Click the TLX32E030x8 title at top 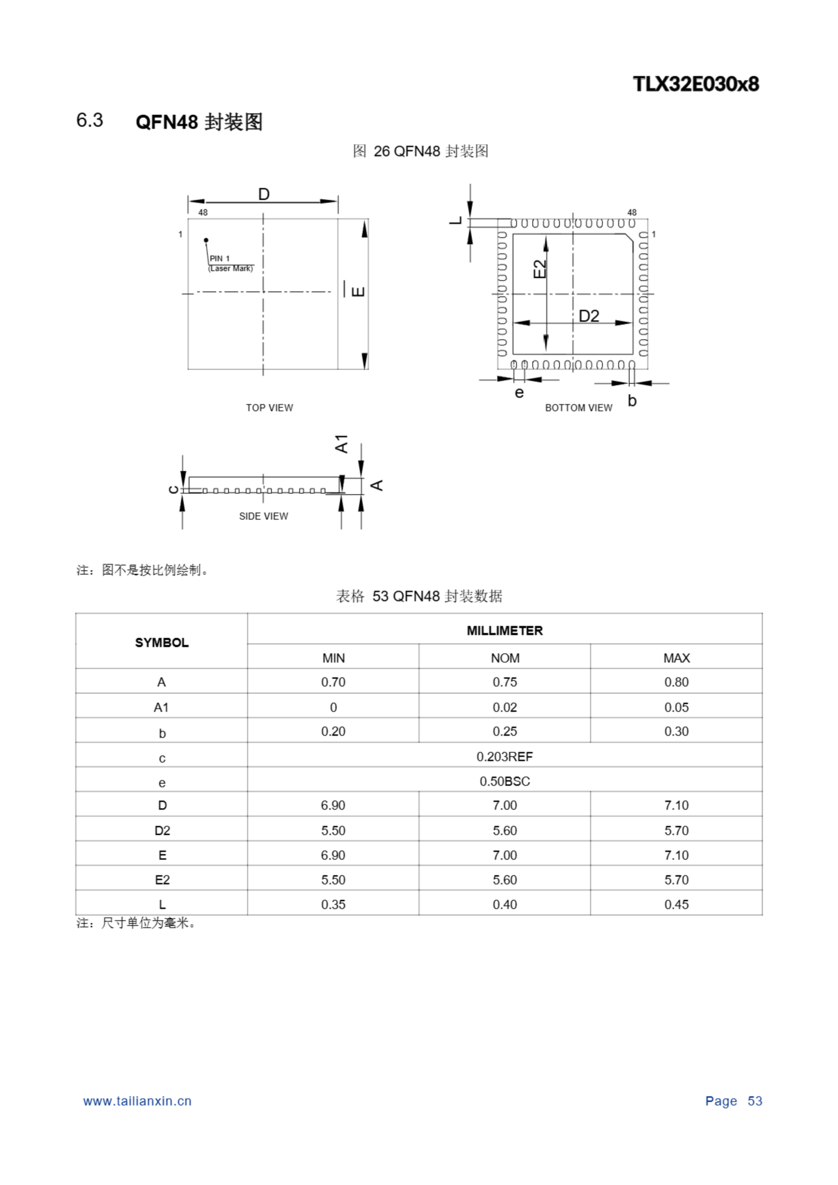(x=695, y=84)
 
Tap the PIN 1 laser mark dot (x=206, y=240)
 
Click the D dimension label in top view (x=263, y=194)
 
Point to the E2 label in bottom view (x=539, y=269)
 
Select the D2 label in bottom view (x=588, y=316)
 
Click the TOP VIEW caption (x=269, y=408)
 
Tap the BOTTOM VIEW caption (x=578, y=408)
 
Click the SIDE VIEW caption (x=263, y=516)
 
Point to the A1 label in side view (x=342, y=444)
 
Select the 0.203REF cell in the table (x=505, y=757)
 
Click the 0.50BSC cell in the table (x=505, y=781)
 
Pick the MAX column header (x=676, y=658)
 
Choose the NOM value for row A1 (x=505, y=707)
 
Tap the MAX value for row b (x=676, y=731)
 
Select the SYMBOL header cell (x=162, y=642)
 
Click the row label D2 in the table (x=162, y=830)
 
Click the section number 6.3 (x=90, y=120)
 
